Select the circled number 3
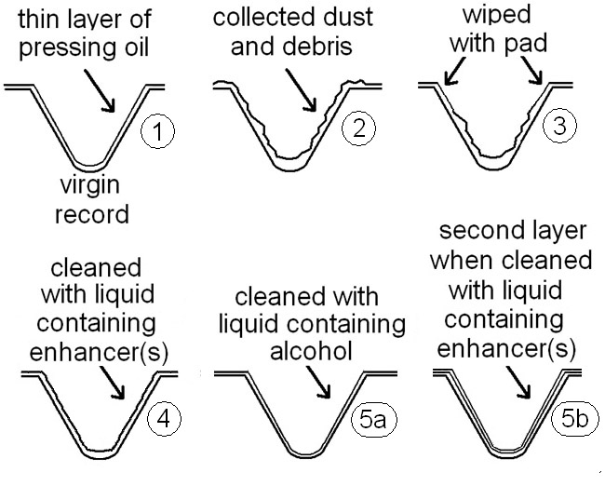(x=558, y=127)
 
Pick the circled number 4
(x=161, y=418)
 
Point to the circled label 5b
(x=574, y=420)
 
